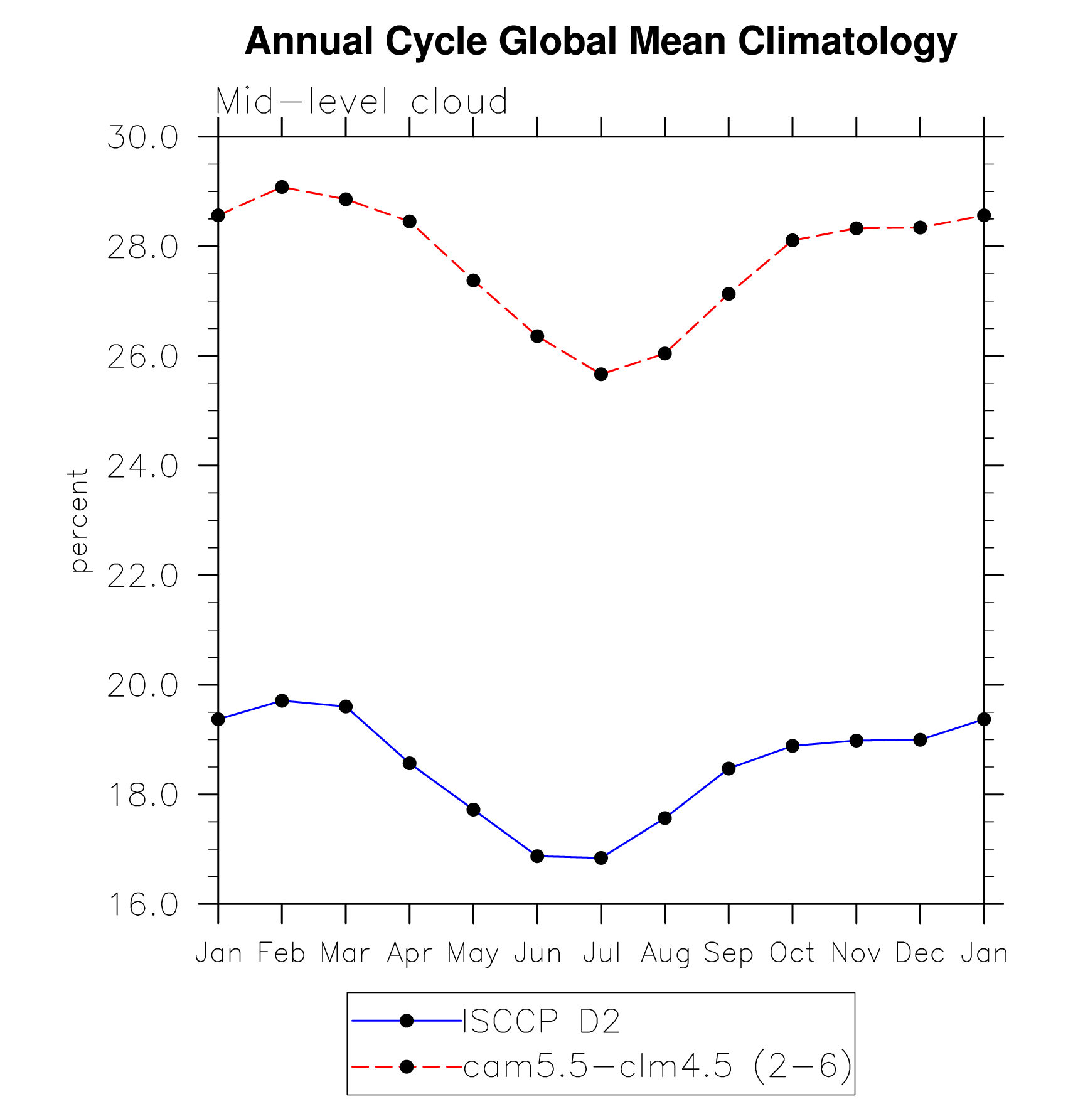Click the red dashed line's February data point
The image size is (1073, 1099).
click(282, 187)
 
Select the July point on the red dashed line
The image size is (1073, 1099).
click(601, 374)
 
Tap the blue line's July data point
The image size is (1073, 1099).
click(601, 857)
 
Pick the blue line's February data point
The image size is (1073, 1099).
click(282, 700)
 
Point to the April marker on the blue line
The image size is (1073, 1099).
click(410, 763)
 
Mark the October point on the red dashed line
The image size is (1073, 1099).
click(793, 240)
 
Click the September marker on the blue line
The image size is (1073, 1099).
click(729, 768)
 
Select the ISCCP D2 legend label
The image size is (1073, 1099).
click(541, 1021)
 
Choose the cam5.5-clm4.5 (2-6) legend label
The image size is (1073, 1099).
click(658, 1066)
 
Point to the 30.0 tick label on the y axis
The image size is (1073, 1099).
click(143, 137)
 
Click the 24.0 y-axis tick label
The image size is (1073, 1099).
click(143, 466)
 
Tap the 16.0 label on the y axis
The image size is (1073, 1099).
click(143, 904)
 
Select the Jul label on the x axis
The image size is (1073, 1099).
click(601, 953)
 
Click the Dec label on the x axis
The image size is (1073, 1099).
click(920, 953)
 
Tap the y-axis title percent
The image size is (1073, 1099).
click(79, 520)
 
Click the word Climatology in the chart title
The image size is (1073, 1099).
click(847, 41)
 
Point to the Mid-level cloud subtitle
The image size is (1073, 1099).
click(361, 102)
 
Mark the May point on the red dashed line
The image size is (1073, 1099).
click(473, 280)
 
